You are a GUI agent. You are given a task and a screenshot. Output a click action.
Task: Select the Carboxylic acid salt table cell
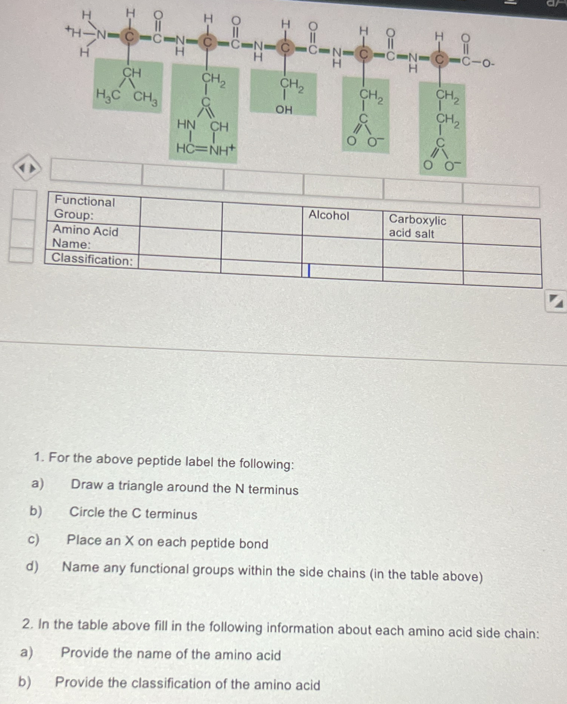pos(417,227)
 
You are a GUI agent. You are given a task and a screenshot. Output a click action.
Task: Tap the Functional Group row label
pos(85,208)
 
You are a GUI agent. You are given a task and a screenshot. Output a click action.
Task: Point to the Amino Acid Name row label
pos(85,237)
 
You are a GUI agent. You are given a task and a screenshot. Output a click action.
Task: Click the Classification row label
pos(92,259)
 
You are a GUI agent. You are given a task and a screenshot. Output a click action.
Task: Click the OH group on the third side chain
pos(284,110)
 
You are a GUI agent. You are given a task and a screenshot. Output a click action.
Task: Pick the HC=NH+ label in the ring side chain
pos(205,149)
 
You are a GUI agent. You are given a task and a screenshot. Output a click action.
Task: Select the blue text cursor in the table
pos(309,270)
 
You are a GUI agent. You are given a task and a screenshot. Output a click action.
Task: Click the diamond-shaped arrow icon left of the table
pos(27,168)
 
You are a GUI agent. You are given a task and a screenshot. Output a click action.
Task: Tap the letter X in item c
pos(129,540)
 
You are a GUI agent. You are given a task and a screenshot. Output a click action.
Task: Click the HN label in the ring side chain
pos(186,124)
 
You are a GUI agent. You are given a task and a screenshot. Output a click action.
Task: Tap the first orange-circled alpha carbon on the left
pos(129,37)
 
